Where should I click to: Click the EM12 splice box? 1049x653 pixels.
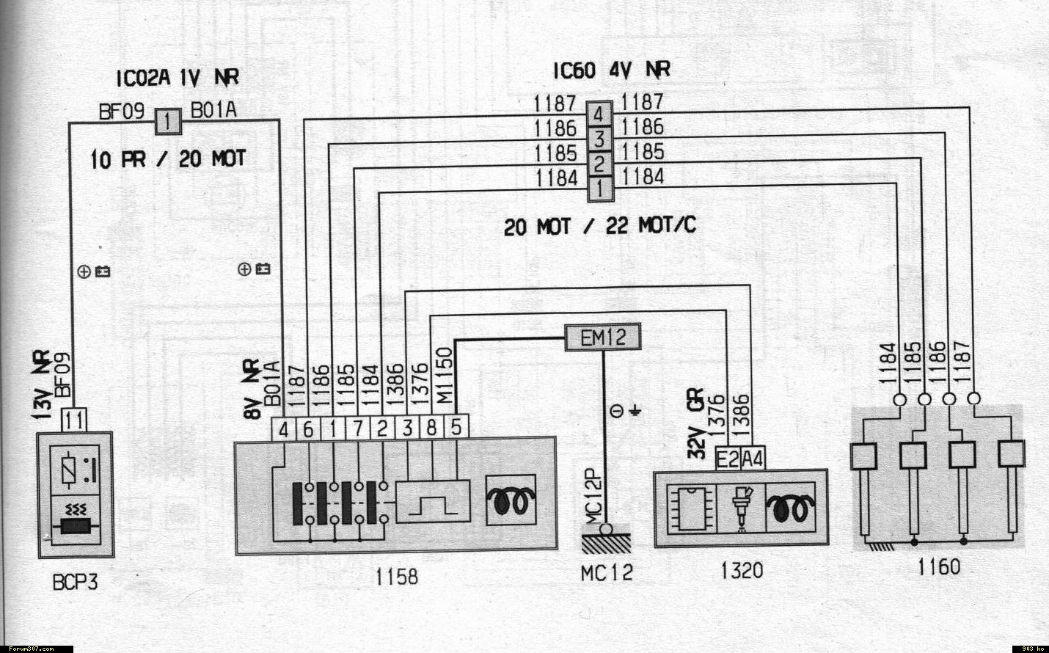coord(602,338)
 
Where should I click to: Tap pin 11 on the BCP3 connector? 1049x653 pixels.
coord(74,421)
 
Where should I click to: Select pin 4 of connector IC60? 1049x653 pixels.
coord(599,114)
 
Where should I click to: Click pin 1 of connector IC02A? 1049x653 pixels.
coord(167,120)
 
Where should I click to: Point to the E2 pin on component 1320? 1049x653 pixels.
coord(728,459)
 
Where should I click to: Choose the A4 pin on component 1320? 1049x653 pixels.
coord(753,459)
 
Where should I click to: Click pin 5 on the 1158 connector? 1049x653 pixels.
coord(456,427)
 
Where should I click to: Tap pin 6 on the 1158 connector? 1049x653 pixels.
coord(308,427)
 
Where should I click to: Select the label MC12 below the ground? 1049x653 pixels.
coord(606,572)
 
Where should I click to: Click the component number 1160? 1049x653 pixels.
coord(938,566)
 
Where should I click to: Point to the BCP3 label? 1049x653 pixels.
coord(75,583)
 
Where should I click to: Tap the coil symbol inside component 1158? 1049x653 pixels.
coord(511,502)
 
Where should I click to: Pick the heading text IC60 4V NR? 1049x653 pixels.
coord(611,70)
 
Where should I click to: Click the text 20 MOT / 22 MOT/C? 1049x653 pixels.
coord(599,226)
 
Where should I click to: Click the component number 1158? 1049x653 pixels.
coord(396,577)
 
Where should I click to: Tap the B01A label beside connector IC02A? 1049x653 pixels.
coord(213,110)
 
